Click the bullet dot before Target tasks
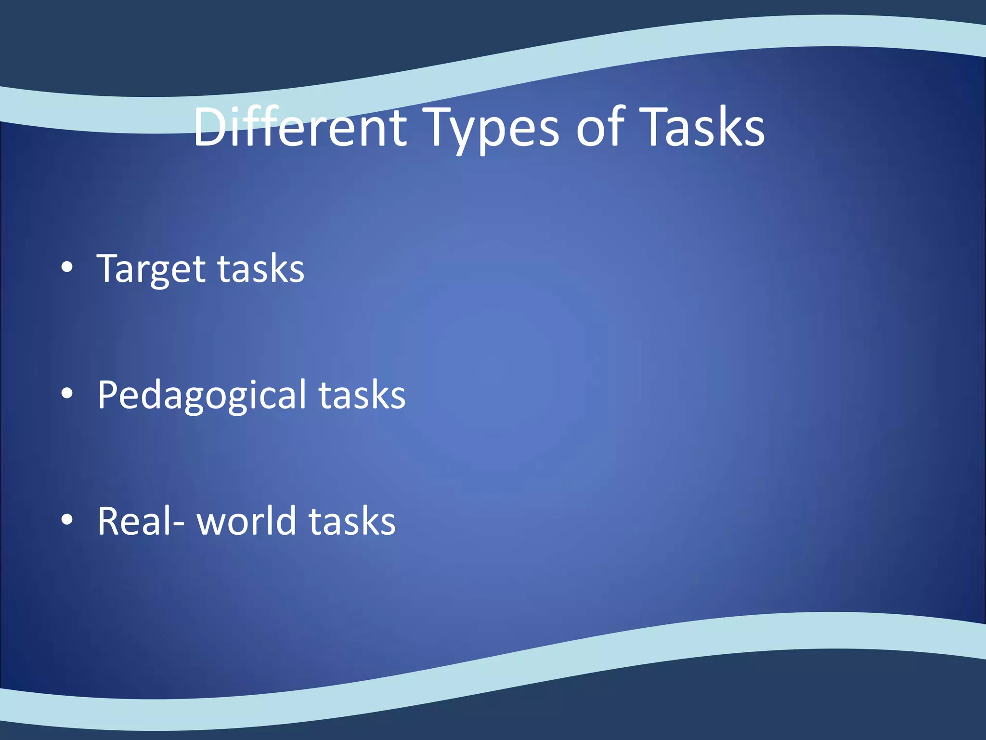coord(67,267)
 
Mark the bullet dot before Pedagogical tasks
coord(67,394)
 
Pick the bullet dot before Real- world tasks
coord(67,520)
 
